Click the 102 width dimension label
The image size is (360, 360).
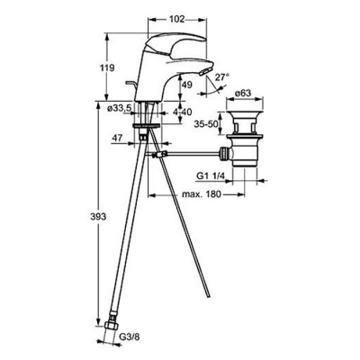[x=176, y=19]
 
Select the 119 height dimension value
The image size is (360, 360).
[x=107, y=67]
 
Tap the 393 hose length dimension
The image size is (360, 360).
[x=98, y=217]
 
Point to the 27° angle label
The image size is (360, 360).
[x=222, y=76]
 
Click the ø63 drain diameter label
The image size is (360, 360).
[x=242, y=94]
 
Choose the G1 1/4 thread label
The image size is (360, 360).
[x=211, y=176]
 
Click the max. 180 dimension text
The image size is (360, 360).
[x=202, y=194]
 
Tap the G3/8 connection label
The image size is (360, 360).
[x=130, y=337]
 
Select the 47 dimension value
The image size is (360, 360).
[x=117, y=138]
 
